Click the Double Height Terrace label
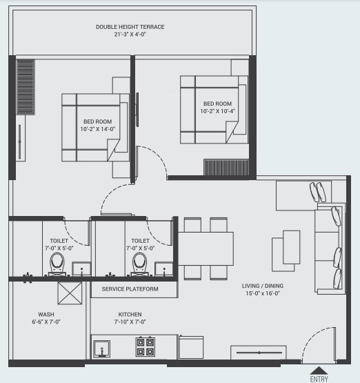(x=130, y=27)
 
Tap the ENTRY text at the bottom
(x=319, y=378)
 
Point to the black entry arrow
(x=319, y=369)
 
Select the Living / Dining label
(x=262, y=286)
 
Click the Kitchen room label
(x=130, y=313)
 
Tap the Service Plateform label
(x=130, y=288)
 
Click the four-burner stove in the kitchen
(x=146, y=345)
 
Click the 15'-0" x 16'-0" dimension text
(x=262, y=294)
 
